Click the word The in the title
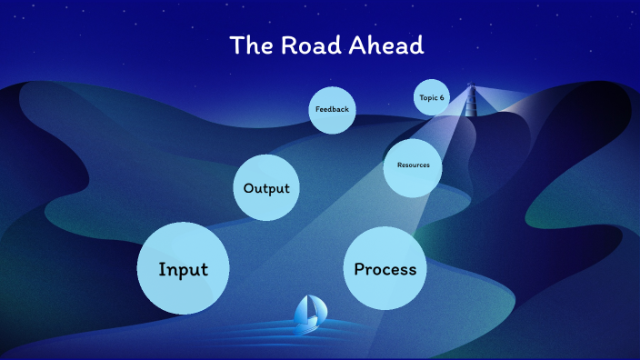[248, 45]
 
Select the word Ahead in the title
[388, 45]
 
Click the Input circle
[184, 269]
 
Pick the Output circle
[266, 188]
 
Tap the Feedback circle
[332, 109]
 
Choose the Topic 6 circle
[432, 97]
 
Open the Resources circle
[413, 165]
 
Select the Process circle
[385, 268]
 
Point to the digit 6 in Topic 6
[443, 97]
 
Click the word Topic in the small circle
[428, 97]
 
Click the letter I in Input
[162, 269]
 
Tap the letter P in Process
[359, 268]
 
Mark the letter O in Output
[249, 188]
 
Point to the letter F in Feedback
[317, 109]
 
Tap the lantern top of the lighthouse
[471, 87]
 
